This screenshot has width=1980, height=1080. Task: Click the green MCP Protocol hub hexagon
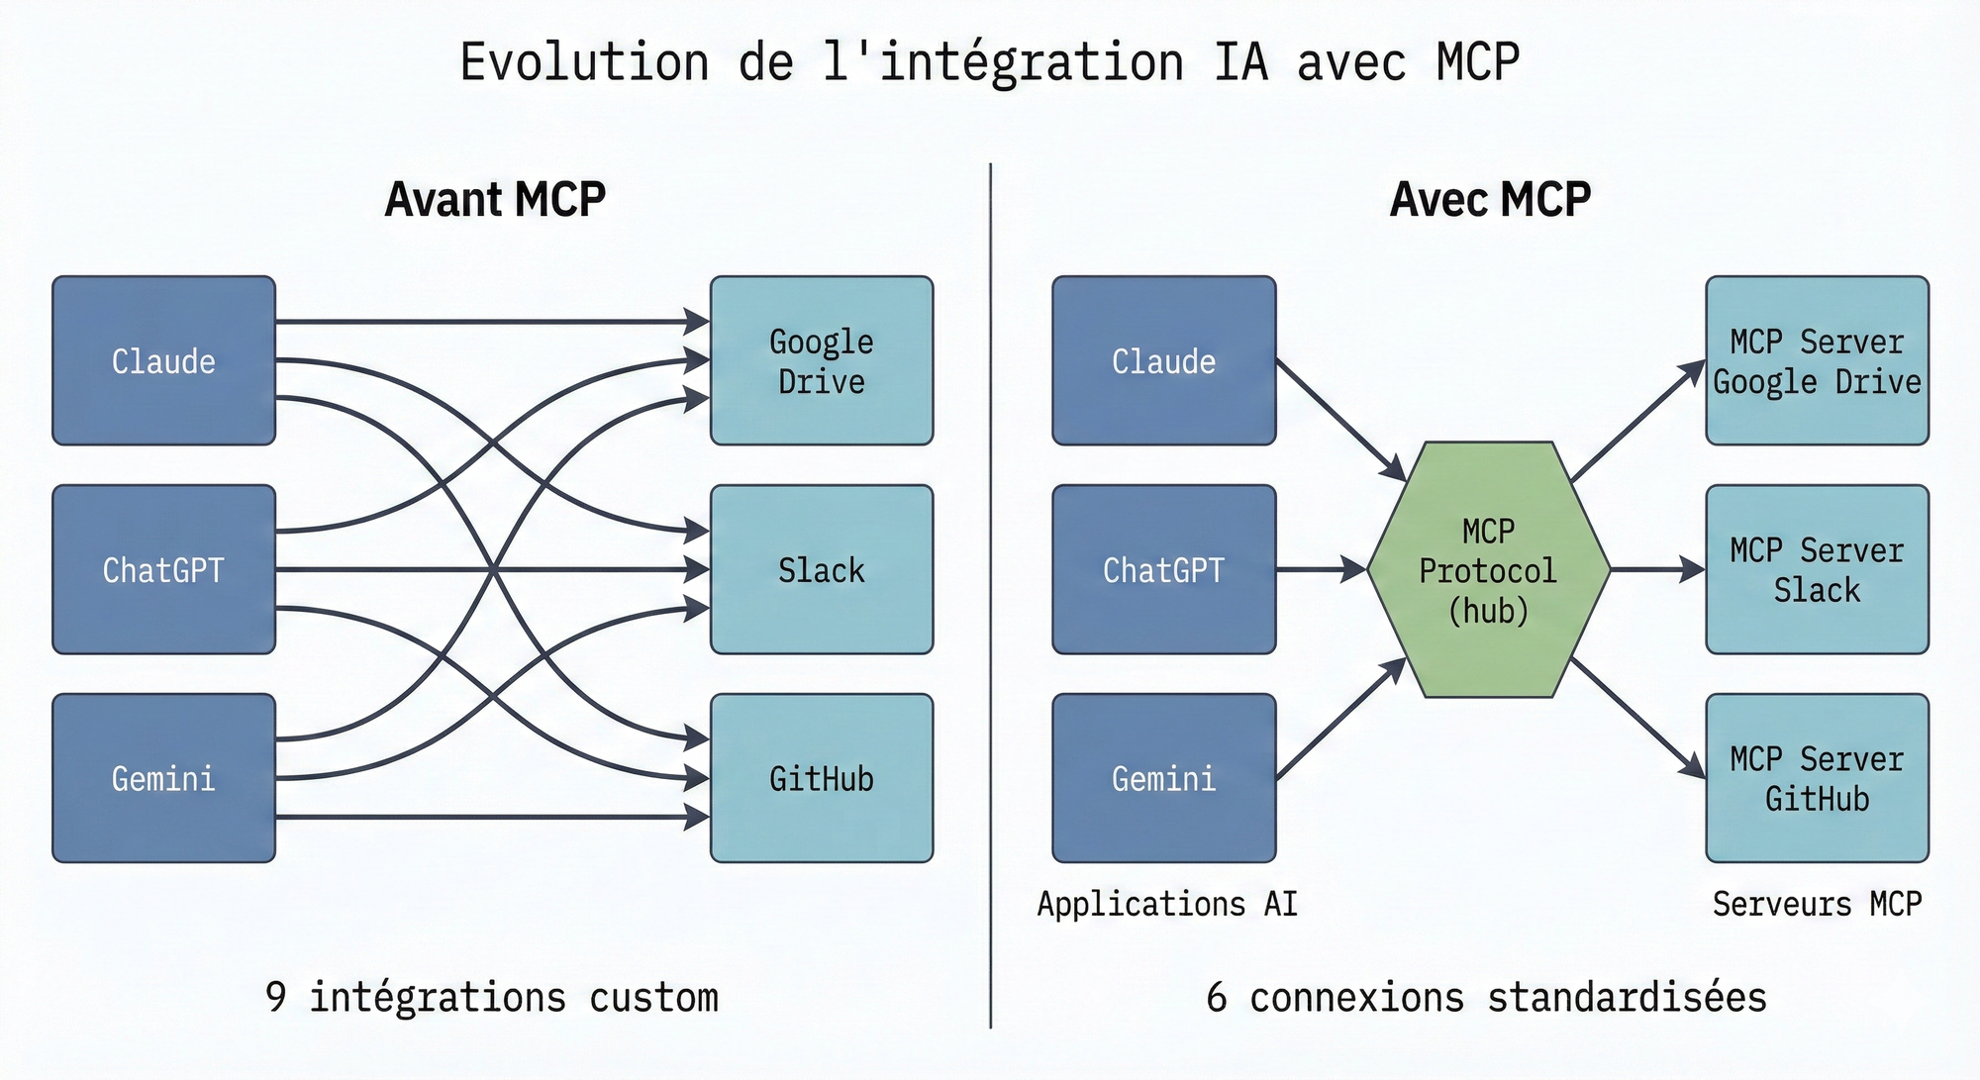click(1488, 570)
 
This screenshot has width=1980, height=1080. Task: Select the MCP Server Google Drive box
click(1817, 361)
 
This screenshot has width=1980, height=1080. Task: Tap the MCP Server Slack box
click(1817, 570)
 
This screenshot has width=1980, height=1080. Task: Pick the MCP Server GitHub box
click(1817, 778)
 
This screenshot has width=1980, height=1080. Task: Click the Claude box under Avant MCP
click(163, 361)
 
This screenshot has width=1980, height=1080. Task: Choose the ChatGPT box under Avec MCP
click(1163, 570)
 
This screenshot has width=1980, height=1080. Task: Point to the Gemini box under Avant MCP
click(163, 778)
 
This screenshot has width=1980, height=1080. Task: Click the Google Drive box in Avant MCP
click(822, 361)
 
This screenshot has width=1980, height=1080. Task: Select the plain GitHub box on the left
click(822, 778)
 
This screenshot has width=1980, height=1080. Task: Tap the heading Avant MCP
click(495, 200)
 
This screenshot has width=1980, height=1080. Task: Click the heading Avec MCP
click(1490, 200)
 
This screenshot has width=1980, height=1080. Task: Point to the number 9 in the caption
click(276, 997)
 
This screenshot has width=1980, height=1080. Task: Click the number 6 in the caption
click(1217, 997)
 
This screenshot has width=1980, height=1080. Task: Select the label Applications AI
click(1166, 904)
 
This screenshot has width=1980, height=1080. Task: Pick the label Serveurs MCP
click(1817, 904)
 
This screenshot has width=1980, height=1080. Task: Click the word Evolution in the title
click(584, 62)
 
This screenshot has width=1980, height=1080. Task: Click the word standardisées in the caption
click(1627, 997)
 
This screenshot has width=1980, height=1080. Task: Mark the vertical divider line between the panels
click(991, 594)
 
